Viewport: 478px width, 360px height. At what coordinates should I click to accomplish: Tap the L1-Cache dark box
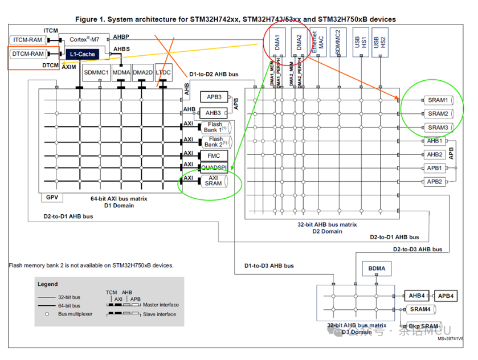click(x=82, y=54)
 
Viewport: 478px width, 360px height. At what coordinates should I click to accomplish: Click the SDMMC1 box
click(x=96, y=72)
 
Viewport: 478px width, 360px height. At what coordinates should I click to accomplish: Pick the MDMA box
click(x=121, y=72)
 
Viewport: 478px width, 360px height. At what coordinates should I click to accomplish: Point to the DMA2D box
click(x=142, y=72)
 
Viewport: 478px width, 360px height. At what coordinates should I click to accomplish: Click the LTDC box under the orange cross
click(x=164, y=72)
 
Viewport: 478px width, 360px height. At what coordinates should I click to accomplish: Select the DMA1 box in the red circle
click(x=277, y=43)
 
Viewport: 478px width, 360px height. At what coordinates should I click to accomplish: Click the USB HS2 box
click(x=376, y=43)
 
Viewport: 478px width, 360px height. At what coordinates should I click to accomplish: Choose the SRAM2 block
click(x=438, y=113)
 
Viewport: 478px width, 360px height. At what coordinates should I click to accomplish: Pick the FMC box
click(x=214, y=156)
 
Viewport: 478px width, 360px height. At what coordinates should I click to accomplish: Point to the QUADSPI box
click(x=214, y=167)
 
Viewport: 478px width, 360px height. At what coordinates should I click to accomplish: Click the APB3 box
click(x=213, y=97)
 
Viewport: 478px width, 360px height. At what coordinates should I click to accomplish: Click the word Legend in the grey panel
click(x=48, y=284)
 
